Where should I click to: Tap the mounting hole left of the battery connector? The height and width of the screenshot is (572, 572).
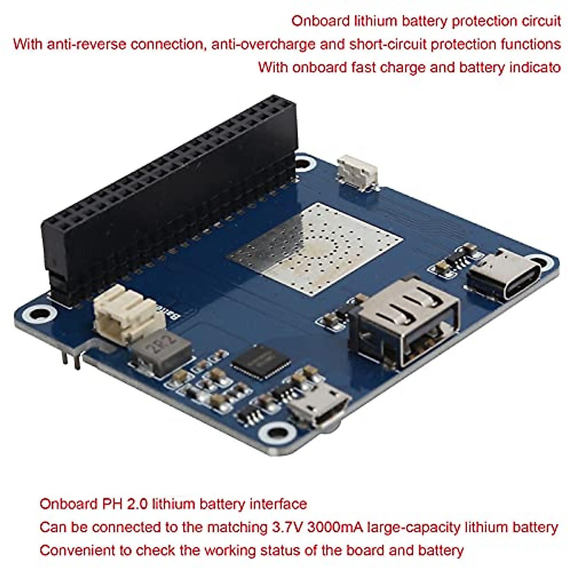[36, 314]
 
